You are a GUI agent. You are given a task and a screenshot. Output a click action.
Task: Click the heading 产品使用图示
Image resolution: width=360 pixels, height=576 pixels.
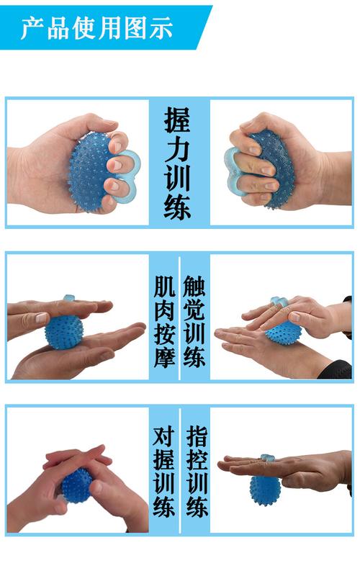tap(96, 28)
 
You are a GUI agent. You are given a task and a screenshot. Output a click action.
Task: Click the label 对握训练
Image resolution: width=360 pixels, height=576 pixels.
tap(164, 472)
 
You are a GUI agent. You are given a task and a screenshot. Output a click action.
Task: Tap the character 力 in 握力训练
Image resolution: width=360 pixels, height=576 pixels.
tap(180, 149)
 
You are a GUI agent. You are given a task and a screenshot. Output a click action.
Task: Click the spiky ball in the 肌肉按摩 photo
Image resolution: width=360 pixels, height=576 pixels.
tap(64, 332)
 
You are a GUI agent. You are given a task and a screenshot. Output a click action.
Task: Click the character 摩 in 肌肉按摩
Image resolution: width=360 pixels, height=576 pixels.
tap(164, 356)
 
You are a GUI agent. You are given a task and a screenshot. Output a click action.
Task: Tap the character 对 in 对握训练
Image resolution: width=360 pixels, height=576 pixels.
tap(164, 436)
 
